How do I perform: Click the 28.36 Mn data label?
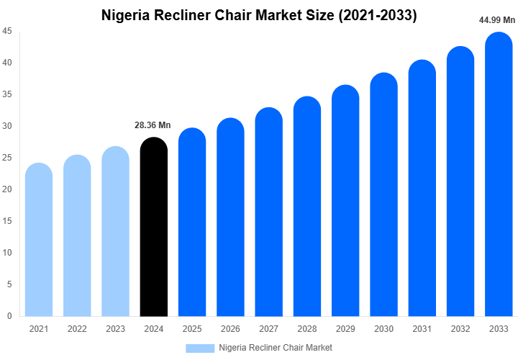coord(153,125)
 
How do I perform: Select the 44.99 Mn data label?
coord(498,20)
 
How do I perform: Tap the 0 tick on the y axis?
coord(9,316)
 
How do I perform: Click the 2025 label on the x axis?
coord(191,329)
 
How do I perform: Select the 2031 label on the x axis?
coord(422,329)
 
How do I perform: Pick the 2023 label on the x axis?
coord(115,329)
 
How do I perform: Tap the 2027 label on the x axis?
coord(268,329)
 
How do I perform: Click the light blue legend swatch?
coord(200,348)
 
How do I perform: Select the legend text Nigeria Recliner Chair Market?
coord(276,348)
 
